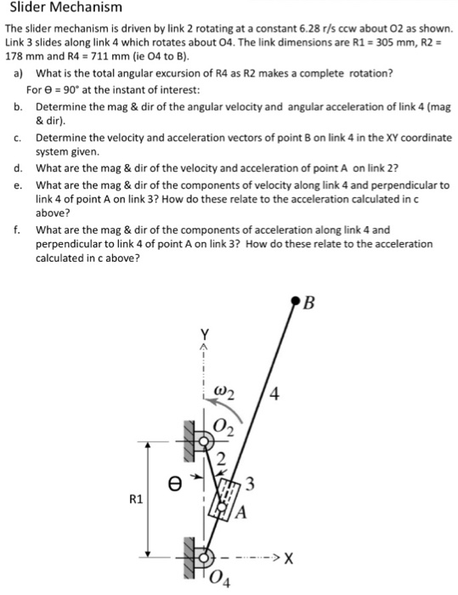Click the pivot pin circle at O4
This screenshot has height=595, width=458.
[x=203, y=557]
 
